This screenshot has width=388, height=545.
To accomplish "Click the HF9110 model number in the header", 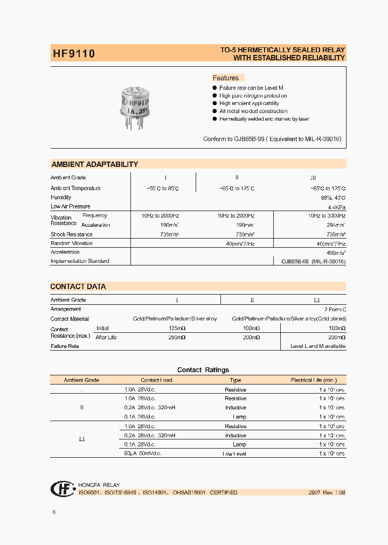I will pos(73,54).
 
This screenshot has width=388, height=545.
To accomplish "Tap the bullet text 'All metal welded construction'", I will pos(253,111).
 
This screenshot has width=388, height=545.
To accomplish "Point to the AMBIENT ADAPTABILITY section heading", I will pos(94,164).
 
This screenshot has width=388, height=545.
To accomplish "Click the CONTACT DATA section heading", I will pos(78,287).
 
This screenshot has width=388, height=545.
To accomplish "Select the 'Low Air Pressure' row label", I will pos(71,206).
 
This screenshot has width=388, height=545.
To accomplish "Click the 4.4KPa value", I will pos(336,207).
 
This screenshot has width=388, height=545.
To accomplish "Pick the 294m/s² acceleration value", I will pos(335,225).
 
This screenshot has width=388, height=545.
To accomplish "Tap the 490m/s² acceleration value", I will pos(335,252).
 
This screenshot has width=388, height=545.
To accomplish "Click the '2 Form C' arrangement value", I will pos(335,309).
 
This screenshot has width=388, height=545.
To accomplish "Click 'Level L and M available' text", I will pos(318,346).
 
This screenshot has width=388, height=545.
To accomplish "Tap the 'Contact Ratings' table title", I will pos(203,370).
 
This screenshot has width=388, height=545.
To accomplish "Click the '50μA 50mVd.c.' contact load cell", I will pos(143,453).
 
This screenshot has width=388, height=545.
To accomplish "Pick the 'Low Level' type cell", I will pos(235,453).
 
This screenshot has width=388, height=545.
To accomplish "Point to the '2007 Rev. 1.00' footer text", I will pos(327,492).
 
